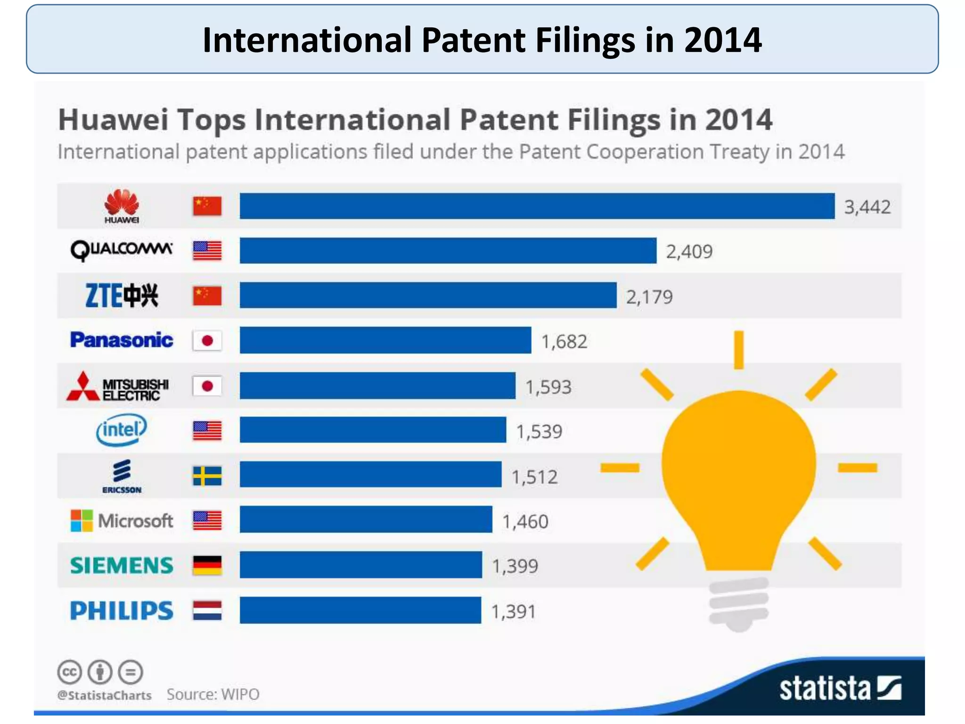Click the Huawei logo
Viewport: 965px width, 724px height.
pos(122,206)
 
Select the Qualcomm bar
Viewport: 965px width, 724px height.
pos(448,251)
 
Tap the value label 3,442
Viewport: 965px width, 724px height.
pos(867,207)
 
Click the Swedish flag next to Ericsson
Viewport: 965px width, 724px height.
pos(207,476)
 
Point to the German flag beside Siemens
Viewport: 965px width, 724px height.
pos(207,565)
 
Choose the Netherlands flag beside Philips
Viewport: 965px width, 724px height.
pos(207,610)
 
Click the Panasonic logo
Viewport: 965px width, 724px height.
pos(122,340)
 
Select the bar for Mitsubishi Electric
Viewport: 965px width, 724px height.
pos(377,386)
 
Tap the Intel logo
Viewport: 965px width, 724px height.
pos(122,429)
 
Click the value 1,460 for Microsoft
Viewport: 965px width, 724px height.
pos(525,521)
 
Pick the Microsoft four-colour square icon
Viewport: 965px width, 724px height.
pos(82,520)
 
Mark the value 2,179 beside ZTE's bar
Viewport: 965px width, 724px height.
pos(649,297)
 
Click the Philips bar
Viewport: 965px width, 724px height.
pos(360,610)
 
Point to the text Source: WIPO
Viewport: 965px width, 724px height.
pos(213,694)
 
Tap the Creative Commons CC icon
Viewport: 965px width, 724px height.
pos(70,672)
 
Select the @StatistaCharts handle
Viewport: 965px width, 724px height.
pos(105,695)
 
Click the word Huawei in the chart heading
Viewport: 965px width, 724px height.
pos(113,120)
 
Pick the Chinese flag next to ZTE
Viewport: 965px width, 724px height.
pos(207,296)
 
